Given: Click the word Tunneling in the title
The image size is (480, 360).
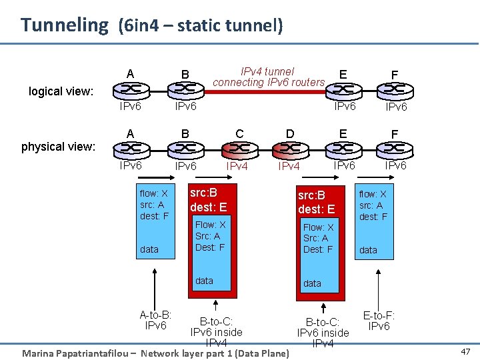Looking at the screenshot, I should tap(64, 25).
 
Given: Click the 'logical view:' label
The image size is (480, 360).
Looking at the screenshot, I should tap(61, 91).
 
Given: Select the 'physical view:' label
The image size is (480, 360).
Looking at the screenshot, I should tap(58, 147).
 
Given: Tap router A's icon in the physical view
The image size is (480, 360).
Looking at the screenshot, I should tap(130, 148).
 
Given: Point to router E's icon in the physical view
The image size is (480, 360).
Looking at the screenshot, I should tap(343, 148).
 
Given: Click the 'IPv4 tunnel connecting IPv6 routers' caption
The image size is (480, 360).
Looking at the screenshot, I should tap(268, 77).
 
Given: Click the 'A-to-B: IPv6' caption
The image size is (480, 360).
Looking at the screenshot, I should tap(155, 320).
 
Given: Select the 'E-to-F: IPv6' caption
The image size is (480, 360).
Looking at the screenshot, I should tap(379, 321).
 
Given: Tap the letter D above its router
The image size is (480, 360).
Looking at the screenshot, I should tap(290, 133).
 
